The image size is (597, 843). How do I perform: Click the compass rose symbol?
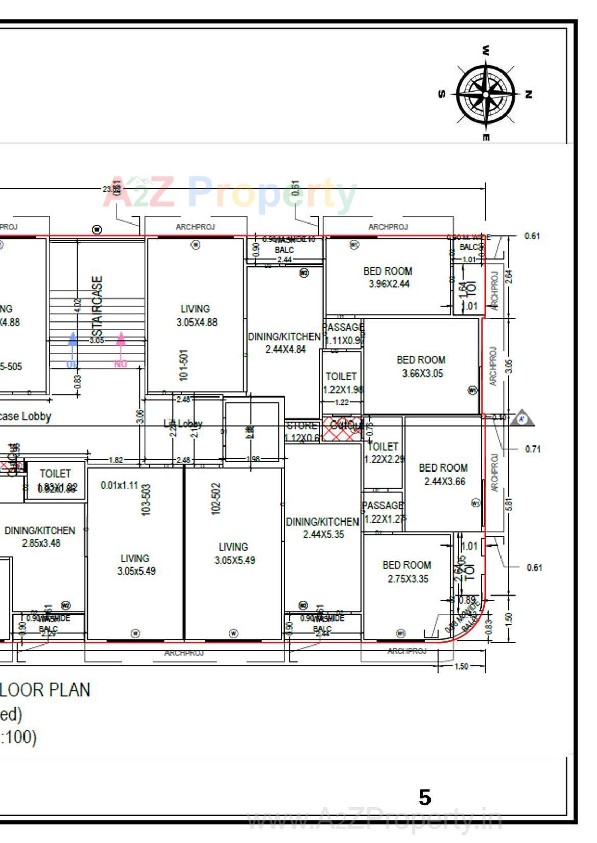485,94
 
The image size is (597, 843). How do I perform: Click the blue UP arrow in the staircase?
73,347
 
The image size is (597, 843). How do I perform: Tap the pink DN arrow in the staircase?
121,347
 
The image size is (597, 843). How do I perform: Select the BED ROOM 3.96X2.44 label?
388,277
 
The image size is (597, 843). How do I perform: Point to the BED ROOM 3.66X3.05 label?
421,366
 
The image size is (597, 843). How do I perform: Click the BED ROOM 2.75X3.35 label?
407,572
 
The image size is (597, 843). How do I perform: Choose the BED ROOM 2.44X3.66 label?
443,474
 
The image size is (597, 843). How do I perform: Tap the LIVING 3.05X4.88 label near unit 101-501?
196,315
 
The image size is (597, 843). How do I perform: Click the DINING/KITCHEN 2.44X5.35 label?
323,528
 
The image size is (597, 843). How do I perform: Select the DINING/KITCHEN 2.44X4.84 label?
284,343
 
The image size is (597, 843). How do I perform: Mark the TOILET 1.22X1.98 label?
342,383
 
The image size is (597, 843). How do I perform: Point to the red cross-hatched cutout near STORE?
341,429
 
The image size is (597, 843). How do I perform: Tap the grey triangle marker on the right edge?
522,419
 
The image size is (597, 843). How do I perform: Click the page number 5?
425,798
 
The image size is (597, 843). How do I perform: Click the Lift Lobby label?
183,424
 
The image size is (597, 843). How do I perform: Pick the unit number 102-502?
216,499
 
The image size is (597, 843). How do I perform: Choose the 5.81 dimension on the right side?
509,504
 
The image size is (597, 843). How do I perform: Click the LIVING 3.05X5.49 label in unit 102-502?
234,553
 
